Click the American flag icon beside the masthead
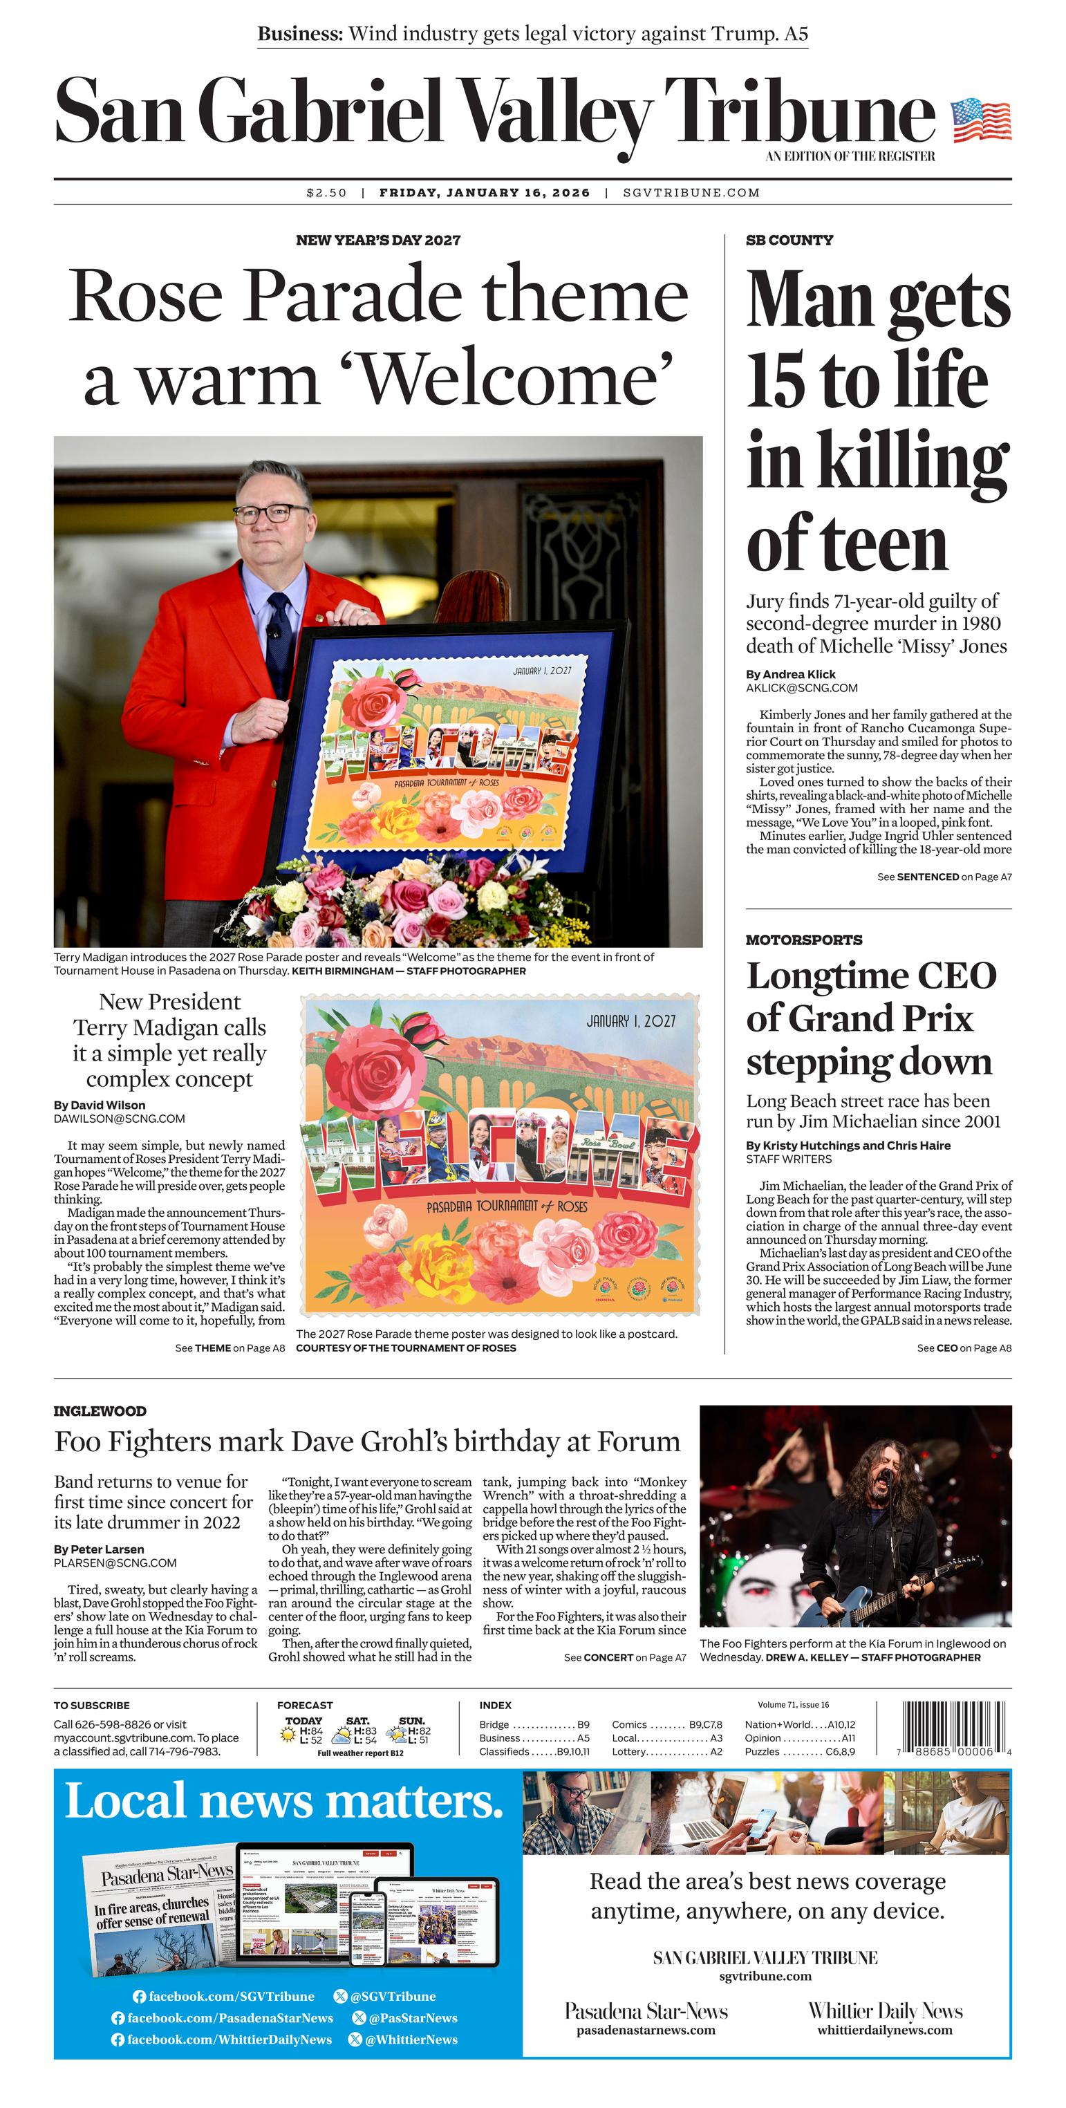tap(980, 120)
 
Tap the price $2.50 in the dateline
tap(326, 193)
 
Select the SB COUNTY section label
tap(789, 241)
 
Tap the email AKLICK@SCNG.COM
tap(801, 688)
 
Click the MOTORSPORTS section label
tap(803, 940)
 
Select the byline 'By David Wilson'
tap(99, 1106)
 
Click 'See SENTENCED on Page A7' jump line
tap(944, 877)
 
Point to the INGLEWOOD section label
tap(100, 1411)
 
